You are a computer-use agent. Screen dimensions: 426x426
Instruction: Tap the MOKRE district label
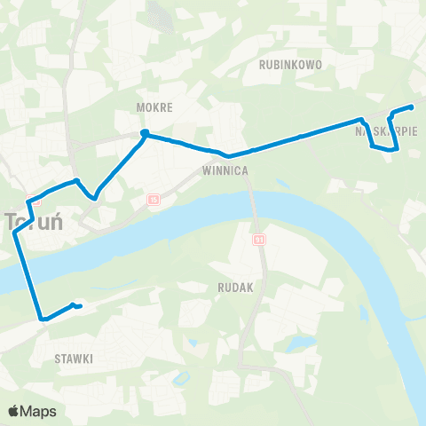point(154,106)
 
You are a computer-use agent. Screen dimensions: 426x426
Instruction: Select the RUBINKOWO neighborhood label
point(290,65)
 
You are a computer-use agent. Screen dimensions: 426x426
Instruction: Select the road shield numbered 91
point(259,240)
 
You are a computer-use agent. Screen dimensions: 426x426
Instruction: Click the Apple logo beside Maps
point(14,411)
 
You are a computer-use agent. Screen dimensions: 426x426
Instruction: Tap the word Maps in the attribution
point(39,411)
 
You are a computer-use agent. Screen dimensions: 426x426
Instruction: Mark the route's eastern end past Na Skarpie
point(412,107)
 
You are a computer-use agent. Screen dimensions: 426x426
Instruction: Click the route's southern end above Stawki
point(80,307)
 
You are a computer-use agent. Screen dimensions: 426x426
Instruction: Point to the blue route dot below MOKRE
point(144,134)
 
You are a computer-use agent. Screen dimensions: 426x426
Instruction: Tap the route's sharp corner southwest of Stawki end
point(40,318)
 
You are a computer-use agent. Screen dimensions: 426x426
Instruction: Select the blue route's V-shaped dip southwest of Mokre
point(93,197)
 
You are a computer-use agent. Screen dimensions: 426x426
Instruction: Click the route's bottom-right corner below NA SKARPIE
point(395,151)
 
